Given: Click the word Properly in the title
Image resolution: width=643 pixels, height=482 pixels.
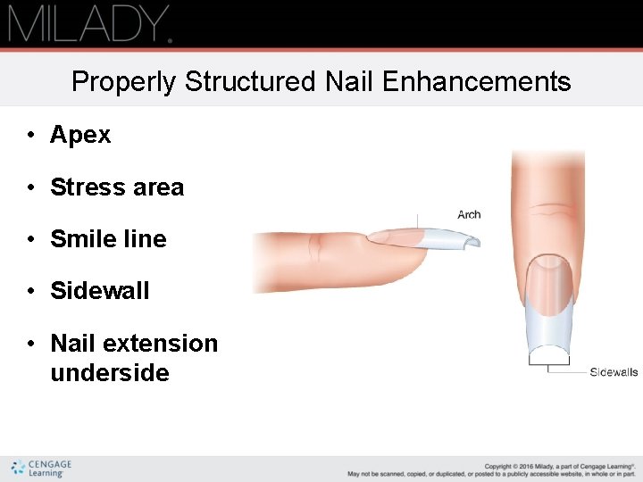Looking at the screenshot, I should [124, 82].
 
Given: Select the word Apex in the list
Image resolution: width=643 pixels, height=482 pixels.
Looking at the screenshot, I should [80, 135].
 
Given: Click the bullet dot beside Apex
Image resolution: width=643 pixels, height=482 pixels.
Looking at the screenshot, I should [30, 136].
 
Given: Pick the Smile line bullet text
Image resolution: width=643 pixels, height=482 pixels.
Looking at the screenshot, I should [108, 239].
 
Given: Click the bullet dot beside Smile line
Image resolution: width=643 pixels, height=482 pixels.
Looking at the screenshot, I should [30, 239].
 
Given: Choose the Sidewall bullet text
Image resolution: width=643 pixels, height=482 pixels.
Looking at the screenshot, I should [99, 291].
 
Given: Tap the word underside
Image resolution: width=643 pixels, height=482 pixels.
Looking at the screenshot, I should [110, 373].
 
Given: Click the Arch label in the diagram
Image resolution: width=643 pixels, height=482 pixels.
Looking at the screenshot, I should [469, 214].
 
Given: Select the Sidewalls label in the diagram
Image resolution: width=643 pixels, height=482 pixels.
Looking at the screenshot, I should [614, 372].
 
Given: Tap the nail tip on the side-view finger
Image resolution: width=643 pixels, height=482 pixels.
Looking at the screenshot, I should [451, 238].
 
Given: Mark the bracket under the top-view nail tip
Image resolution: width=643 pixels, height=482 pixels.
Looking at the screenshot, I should [548, 361].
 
